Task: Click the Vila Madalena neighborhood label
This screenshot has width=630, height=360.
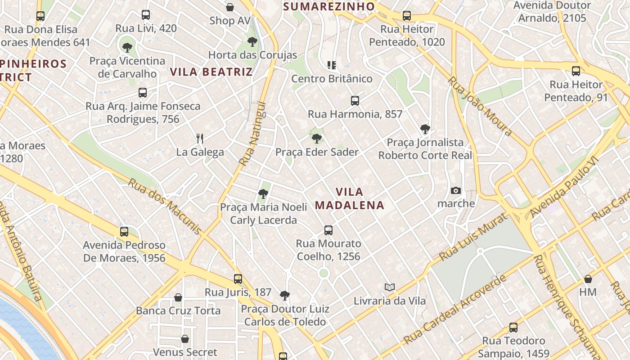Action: click(349, 198)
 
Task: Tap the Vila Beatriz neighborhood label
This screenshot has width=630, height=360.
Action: click(211, 72)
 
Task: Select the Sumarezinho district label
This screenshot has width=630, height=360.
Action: click(329, 6)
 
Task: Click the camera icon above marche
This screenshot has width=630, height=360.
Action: click(456, 190)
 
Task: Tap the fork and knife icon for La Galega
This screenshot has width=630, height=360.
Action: click(200, 138)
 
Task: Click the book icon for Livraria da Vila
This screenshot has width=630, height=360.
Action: click(390, 287)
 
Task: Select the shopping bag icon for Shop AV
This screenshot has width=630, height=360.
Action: click(229, 7)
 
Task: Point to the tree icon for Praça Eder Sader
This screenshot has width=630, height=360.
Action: click(317, 138)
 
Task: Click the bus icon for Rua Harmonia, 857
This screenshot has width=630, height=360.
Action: click(355, 100)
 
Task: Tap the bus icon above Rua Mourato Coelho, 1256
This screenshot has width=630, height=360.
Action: click(328, 230)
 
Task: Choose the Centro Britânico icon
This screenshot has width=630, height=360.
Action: click(332, 65)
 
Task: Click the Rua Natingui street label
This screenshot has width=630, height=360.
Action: click(252, 134)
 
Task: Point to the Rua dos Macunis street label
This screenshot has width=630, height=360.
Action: click(165, 207)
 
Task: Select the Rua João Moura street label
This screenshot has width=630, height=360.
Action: click(481, 106)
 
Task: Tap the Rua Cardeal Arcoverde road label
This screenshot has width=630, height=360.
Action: click(454, 309)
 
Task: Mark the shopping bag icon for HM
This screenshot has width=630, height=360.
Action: click(588, 279)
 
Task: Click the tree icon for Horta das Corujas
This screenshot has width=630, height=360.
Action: click(252, 42)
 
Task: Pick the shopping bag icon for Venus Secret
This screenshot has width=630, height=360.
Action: click(185, 339)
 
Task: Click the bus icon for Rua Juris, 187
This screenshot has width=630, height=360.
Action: click(238, 279)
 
